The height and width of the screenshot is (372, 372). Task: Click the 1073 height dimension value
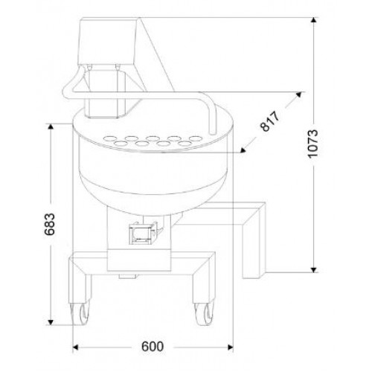pos(312,144)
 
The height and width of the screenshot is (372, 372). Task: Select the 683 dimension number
pos(49,224)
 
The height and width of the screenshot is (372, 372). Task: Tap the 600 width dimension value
pos(153,346)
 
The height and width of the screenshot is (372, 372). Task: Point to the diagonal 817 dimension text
pos(270,121)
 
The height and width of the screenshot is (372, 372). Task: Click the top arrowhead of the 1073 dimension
pos(314,20)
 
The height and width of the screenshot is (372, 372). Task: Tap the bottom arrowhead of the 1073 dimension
pos(314,270)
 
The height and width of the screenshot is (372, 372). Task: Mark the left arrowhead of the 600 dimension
pos(75,347)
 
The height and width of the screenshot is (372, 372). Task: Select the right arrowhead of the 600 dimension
pos(231,347)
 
